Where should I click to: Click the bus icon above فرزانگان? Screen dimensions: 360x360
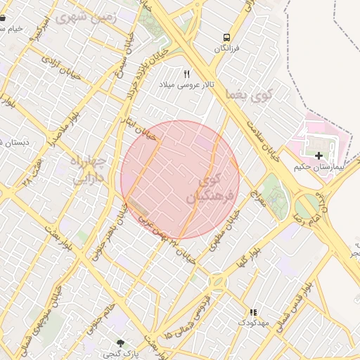click(226, 37)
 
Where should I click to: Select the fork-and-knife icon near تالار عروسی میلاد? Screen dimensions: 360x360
click(187, 74)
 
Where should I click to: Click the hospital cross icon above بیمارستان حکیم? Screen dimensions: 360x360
click(319, 155)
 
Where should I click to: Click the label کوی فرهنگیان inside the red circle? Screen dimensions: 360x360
click(205, 189)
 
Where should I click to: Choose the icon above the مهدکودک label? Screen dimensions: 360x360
click(253, 312)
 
